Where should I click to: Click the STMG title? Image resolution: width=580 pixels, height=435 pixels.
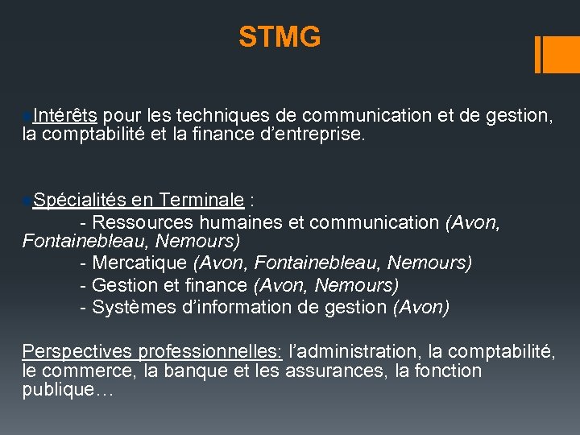[280, 36]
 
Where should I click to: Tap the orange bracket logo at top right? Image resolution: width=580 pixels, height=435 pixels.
[553, 54]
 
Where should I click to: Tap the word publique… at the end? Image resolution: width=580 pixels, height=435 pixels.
[68, 391]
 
